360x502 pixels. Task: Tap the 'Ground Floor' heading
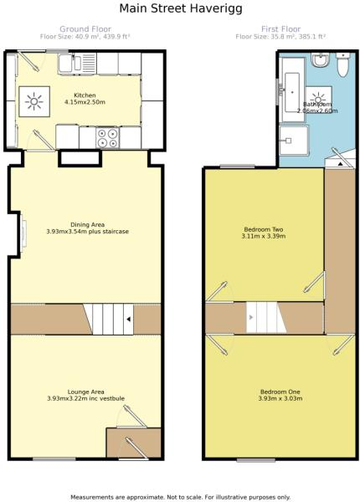[86, 28]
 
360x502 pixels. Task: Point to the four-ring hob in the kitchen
[107, 136]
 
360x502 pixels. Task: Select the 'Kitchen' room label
[85, 95]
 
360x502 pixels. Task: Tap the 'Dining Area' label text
[86, 224]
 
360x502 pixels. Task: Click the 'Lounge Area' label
[86, 392]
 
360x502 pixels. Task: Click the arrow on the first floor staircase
[250, 318]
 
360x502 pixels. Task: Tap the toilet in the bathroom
[319, 60]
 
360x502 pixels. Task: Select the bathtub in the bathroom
[292, 84]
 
